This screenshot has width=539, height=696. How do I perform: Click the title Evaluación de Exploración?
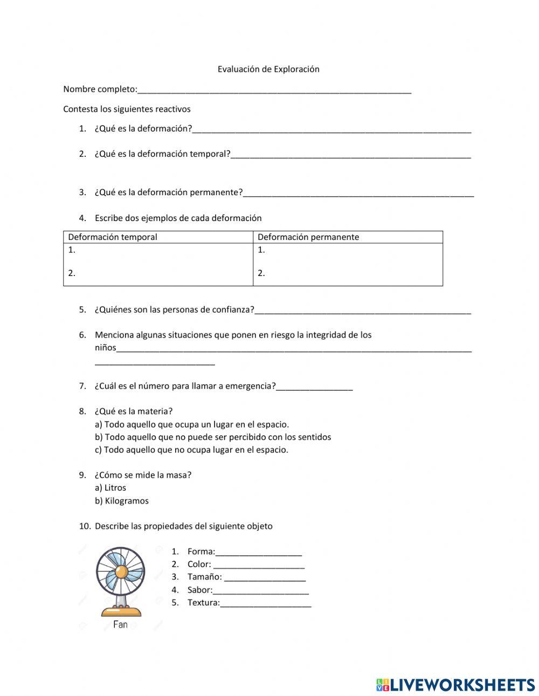point(268,69)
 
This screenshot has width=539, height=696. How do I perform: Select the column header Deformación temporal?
point(113,237)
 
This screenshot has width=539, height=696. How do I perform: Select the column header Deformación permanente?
point(308,237)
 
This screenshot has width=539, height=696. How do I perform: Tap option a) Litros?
point(110,488)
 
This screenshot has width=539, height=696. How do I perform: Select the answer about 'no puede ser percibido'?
point(213,437)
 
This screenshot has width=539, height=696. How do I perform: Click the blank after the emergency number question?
point(314,387)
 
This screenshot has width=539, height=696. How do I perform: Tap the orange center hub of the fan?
point(121,571)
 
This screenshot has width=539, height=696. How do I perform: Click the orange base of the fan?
point(121,611)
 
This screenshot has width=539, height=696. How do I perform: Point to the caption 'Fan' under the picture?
point(120,625)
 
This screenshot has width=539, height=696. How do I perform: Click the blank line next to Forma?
point(258,553)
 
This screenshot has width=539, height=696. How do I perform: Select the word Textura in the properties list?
point(203,603)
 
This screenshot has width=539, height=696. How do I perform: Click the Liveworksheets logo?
point(455,685)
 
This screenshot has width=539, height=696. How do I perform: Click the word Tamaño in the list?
point(204,577)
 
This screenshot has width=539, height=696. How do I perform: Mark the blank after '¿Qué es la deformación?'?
point(331,130)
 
